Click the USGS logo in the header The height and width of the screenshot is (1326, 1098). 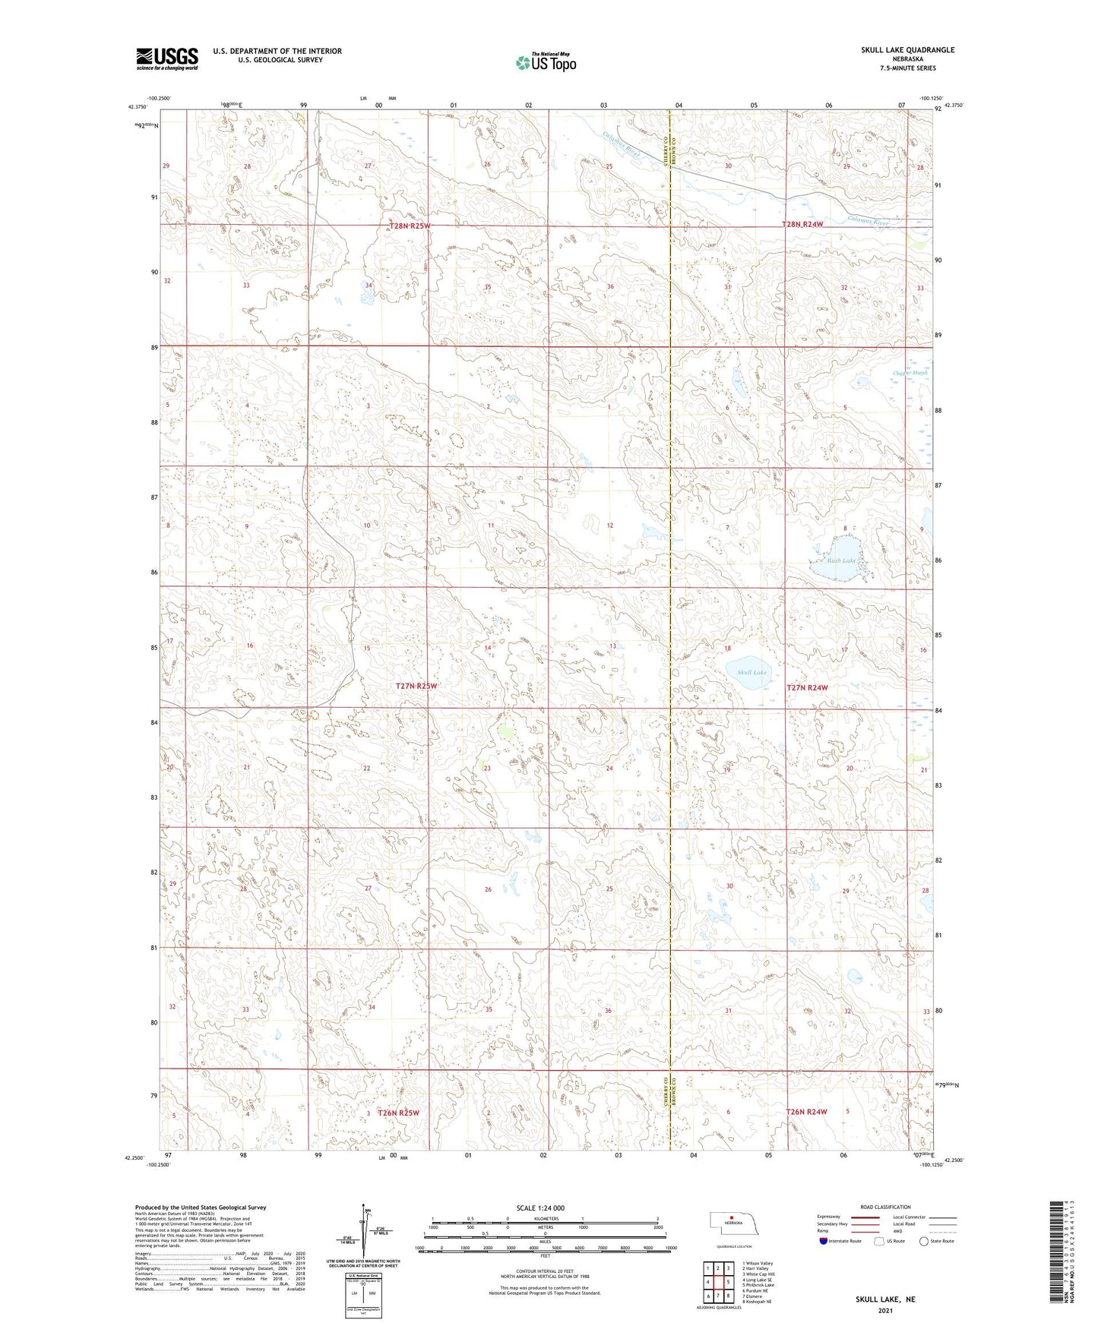tap(167, 58)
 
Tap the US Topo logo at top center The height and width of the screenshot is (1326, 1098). tap(546, 62)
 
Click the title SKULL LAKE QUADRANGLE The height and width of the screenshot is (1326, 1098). tap(907, 50)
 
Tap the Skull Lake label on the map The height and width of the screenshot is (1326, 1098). tap(752, 672)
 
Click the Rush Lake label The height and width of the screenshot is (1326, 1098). tap(841, 560)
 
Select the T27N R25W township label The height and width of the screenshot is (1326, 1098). tap(416, 686)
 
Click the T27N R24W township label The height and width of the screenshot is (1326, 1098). tap(806, 687)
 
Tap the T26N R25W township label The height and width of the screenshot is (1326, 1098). tap(399, 1113)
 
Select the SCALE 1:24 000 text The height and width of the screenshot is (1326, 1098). tap(540, 1208)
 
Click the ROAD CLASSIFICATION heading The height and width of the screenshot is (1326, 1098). tap(885, 1207)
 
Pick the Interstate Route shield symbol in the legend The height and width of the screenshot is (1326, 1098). tap(824, 1241)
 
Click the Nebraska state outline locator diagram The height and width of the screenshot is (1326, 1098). tap(733, 1227)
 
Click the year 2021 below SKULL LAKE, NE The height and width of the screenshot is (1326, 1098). tap(884, 1311)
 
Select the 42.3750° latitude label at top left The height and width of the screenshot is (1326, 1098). tap(138, 107)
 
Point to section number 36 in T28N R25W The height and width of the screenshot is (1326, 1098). tap(610, 286)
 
